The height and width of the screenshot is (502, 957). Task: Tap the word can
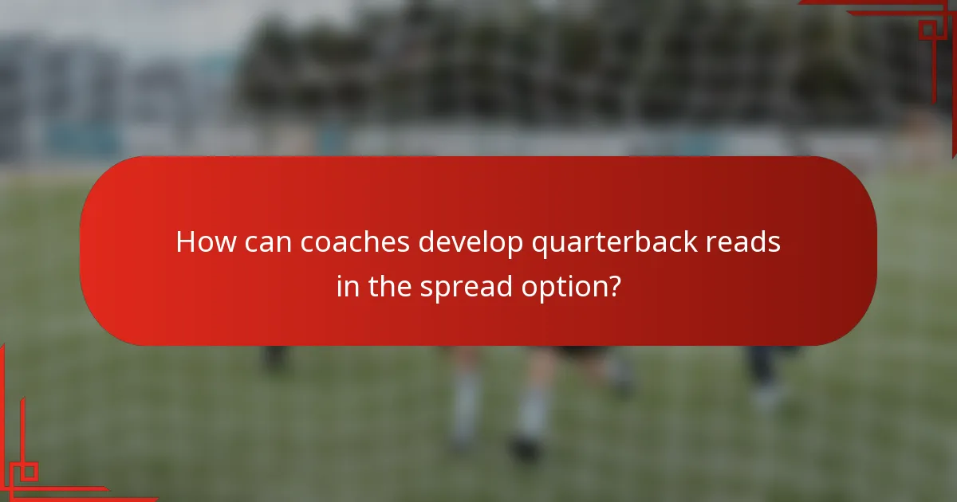pos(270,242)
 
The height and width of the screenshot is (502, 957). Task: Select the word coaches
pos(356,242)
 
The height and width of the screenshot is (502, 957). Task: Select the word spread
pos(468,286)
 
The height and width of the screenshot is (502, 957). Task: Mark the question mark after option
pos(613,284)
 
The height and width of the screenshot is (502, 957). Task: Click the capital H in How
pos(186,242)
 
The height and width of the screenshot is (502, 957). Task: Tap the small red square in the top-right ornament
pos(927,30)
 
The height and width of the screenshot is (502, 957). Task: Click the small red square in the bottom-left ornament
pos(29,471)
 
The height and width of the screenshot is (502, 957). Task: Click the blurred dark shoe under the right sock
pos(526,449)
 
